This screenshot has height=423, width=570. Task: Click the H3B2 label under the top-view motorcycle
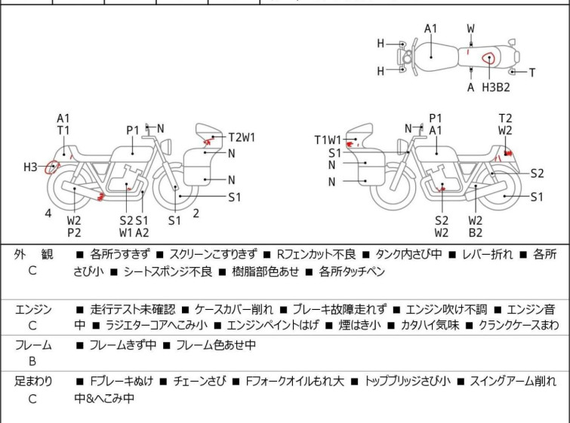pyautogui.click(x=496, y=87)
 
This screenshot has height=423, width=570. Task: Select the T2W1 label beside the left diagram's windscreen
pyautogui.click(x=242, y=137)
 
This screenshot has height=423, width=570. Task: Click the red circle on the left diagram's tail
pyautogui.click(x=52, y=167)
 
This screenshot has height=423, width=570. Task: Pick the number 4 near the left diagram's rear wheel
pyautogui.click(x=48, y=213)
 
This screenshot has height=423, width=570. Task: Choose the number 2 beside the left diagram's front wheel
pyautogui.click(x=196, y=213)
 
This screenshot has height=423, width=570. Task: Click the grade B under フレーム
pyautogui.click(x=32, y=361)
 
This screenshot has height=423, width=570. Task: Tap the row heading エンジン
pyautogui.click(x=33, y=309)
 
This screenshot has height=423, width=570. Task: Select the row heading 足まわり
pyautogui.click(x=33, y=382)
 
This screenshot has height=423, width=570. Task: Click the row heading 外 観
pyautogui.click(x=33, y=255)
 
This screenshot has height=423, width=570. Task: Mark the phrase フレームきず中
pyautogui.click(x=122, y=345)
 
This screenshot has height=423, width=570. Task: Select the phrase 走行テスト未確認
pyautogui.click(x=132, y=309)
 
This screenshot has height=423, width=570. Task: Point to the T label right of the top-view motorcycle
pyautogui.click(x=532, y=72)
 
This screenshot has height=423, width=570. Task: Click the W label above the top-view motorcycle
pyautogui.click(x=471, y=29)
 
